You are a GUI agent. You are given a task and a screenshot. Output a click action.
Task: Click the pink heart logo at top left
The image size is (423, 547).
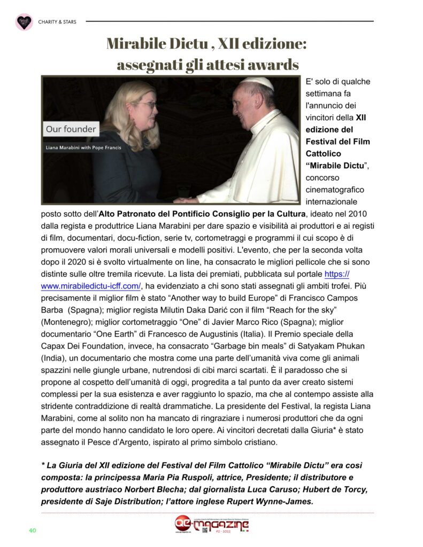point(24,22)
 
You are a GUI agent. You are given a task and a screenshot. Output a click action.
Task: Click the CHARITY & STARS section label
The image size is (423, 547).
point(57,22)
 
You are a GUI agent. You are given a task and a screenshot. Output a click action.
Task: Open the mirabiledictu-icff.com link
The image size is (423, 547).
point(91,286)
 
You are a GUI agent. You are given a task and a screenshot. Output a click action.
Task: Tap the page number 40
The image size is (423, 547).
point(32,530)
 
